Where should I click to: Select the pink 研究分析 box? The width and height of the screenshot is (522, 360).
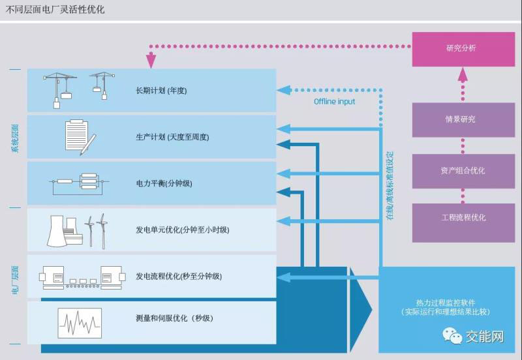(463, 48)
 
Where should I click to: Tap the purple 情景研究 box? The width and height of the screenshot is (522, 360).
(463, 119)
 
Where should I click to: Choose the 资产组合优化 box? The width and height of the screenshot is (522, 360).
(463, 171)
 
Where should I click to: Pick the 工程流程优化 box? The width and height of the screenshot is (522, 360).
(463, 217)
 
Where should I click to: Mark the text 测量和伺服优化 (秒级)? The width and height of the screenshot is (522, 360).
(170, 318)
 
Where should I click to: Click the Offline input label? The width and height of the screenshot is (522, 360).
(334, 102)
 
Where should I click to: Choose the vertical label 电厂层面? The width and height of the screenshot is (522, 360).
(15, 280)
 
